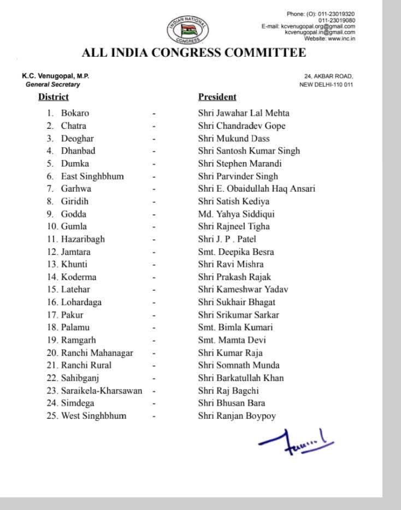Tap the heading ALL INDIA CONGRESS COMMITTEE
(193, 54)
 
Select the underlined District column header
(54, 97)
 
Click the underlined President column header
(217, 97)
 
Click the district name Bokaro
(75, 113)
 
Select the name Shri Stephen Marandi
(239, 163)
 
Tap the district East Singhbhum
(92, 176)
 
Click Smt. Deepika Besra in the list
(236, 252)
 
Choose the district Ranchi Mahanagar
(97, 353)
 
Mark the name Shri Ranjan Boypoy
(237, 416)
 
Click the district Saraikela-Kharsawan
(102, 390)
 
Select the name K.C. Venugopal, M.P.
(51, 76)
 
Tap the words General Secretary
(52, 85)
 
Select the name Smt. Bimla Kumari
(235, 327)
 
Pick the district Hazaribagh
(83, 239)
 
